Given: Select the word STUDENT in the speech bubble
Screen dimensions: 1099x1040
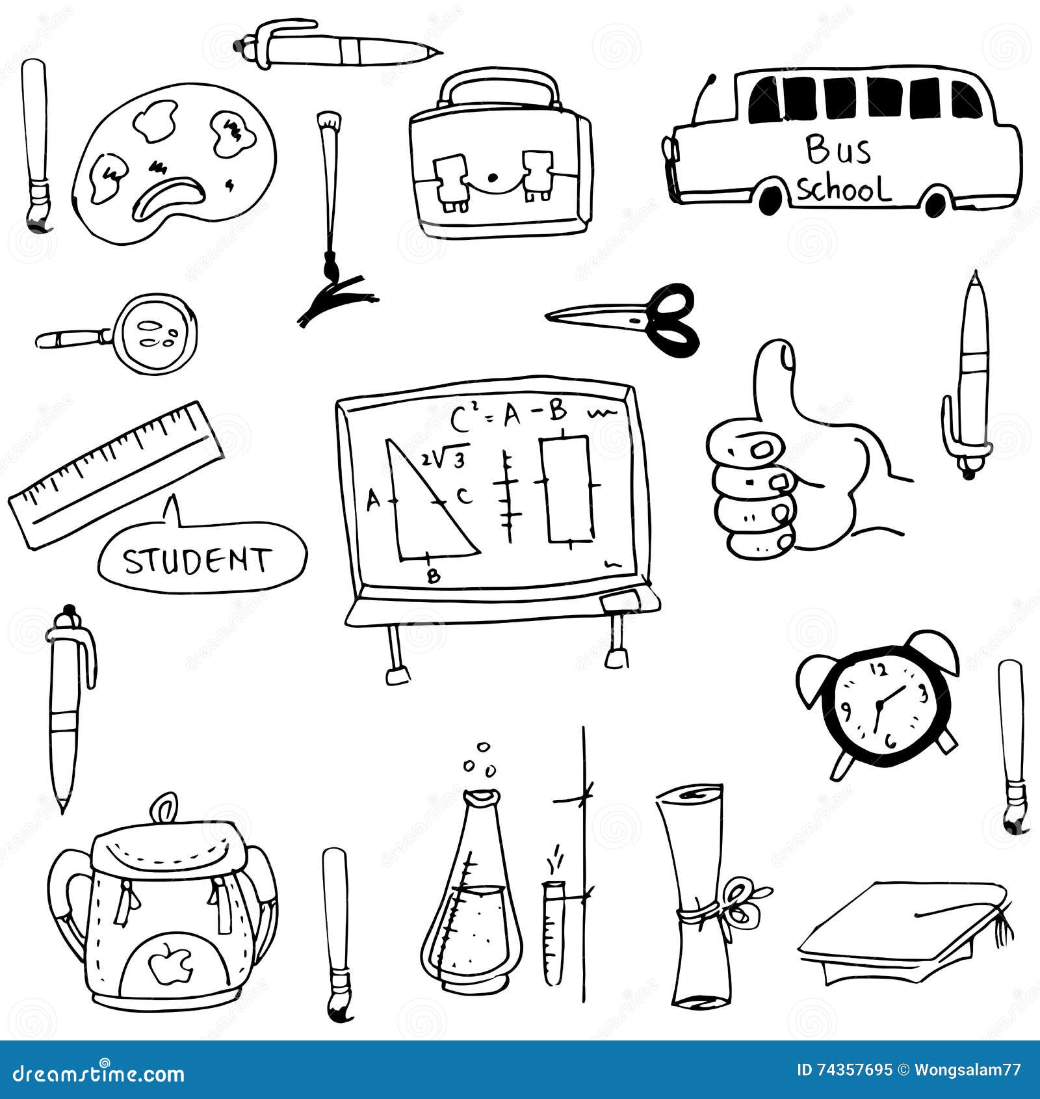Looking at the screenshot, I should click(197, 561).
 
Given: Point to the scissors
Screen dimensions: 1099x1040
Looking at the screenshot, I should click(637, 319).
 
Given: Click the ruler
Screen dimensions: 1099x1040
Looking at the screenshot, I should click(116, 472).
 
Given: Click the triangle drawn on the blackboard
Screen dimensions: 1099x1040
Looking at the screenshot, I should click(422, 514).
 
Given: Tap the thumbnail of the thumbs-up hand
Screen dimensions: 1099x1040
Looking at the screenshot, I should click(787, 358).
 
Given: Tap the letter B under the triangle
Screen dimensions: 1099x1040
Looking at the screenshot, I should click(434, 576).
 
